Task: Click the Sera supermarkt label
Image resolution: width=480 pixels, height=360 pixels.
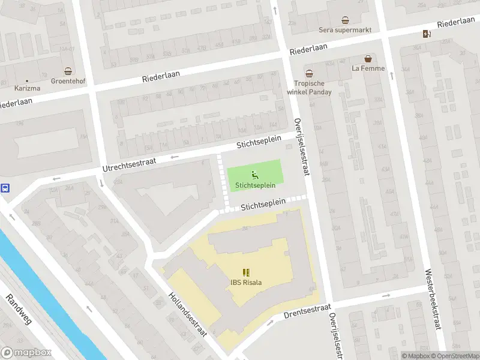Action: click(345, 29)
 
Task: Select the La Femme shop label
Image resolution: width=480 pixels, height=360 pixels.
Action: click(368, 68)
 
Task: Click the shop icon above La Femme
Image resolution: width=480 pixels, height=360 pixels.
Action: click(368, 59)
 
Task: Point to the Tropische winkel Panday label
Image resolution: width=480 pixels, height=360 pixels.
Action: click(312, 88)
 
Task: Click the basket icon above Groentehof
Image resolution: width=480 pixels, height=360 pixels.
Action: click(68, 70)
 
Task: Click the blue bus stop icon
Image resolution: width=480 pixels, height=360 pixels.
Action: click(5, 188)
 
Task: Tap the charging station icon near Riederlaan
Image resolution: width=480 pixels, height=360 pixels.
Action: click(427, 34)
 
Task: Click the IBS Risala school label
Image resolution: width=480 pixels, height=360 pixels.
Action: click(246, 283)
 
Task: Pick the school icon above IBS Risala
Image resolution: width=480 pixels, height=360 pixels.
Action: click(246, 272)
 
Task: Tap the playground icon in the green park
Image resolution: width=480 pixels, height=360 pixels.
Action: click(254, 175)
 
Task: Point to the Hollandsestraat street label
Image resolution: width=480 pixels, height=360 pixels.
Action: click(187, 313)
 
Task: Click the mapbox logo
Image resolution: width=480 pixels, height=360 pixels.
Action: click(26, 353)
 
